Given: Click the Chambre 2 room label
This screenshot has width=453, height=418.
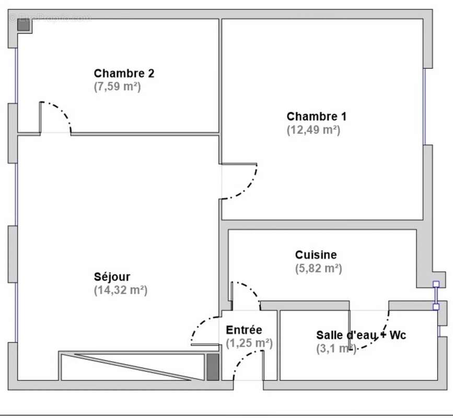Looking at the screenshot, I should pos(124,73).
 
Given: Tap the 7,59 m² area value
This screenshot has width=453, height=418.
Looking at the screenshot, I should pos(118,87).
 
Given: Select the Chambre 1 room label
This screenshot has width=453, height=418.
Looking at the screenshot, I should pos(316,117).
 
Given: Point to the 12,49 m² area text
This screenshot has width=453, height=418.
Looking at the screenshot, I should pos(313,130).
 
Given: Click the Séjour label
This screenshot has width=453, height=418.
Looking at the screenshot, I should pos(112,276).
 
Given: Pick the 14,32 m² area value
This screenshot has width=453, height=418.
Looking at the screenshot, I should pos(121,290).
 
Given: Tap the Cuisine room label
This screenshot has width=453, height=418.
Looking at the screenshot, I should pos(316,255).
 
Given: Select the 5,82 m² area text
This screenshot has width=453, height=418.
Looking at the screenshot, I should pos(318,269).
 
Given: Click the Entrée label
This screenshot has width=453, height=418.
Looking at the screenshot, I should pos(244,330).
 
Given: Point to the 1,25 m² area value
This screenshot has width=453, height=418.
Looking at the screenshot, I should pos(249,343).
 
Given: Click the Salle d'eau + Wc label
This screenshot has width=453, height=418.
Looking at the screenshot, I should pos(361,335).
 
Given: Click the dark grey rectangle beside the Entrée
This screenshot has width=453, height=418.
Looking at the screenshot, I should pos(213,367).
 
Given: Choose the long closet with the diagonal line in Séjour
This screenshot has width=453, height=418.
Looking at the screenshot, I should pos(131,366).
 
